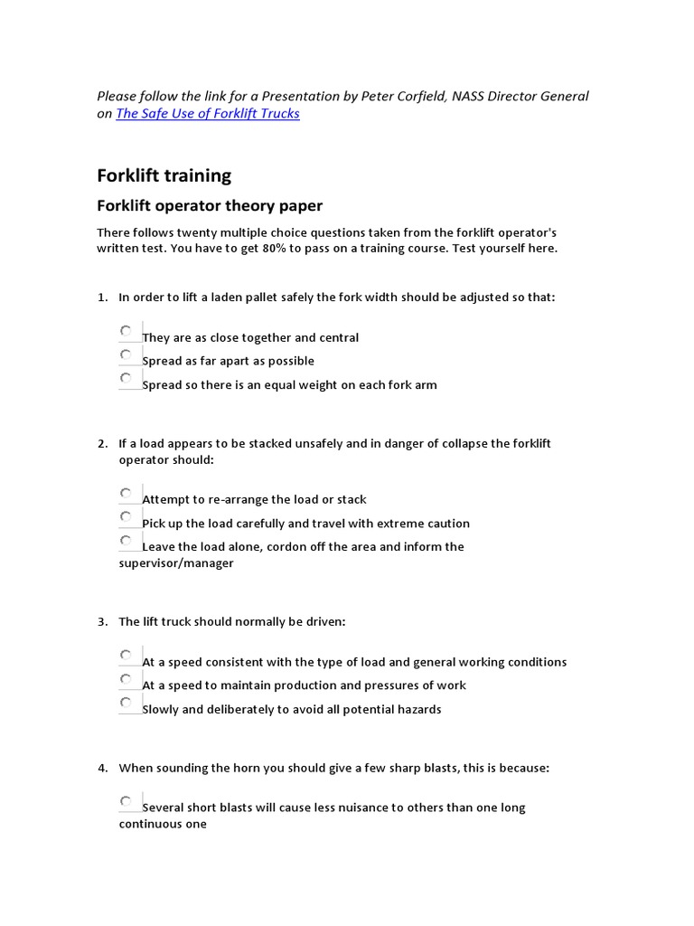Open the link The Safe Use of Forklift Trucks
point(208,114)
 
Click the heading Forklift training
point(164,175)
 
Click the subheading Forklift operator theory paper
point(210,206)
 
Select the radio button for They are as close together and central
point(126,331)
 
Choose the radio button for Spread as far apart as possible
point(126,354)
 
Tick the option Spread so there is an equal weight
point(126,378)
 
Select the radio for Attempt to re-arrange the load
point(126,493)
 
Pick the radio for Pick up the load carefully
point(126,516)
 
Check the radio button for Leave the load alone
point(126,540)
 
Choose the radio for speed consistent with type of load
point(126,655)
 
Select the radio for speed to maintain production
point(126,678)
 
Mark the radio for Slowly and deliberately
point(126,702)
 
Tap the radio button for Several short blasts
point(126,800)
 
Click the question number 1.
point(102,298)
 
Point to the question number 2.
point(102,444)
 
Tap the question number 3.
point(102,622)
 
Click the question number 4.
point(102,769)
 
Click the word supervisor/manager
point(176,563)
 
